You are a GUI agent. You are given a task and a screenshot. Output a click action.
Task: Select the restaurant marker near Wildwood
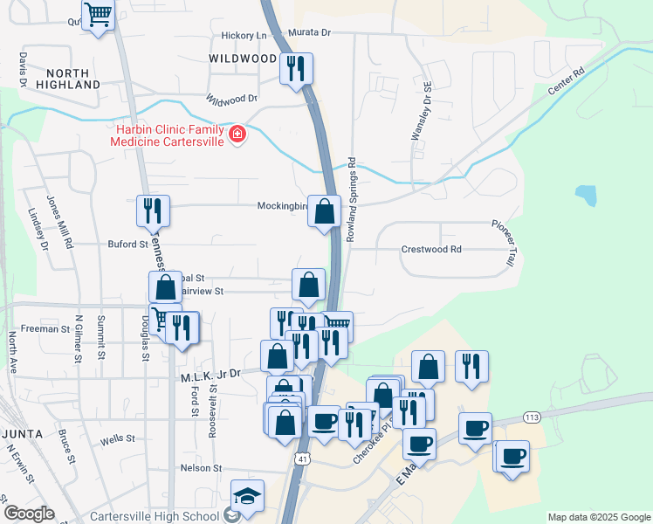[x=296, y=67]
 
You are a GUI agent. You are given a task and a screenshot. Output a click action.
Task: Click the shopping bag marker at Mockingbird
[x=324, y=212]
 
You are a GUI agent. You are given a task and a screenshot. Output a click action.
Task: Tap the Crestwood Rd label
[x=430, y=249]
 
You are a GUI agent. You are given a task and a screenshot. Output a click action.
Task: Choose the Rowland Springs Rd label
[x=352, y=198]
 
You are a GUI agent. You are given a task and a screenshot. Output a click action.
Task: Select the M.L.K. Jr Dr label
[x=210, y=374]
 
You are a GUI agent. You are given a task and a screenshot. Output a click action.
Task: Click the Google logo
[x=29, y=514]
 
